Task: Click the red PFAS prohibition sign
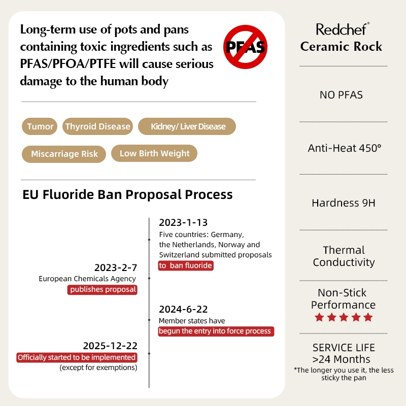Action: point(246,47)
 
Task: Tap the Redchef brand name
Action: point(343,29)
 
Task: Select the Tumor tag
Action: point(40,126)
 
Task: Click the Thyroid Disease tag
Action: point(97,126)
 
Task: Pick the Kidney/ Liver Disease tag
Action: point(188,126)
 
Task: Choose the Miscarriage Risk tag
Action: point(64,154)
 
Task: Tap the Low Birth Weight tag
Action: point(154,153)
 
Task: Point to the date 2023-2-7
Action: point(116,267)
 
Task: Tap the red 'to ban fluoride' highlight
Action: point(185,265)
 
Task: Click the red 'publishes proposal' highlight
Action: point(103,289)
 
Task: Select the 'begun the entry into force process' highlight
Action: point(216,331)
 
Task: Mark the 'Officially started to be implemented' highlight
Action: point(77,357)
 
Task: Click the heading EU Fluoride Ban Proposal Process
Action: point(127,194)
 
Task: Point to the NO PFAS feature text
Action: point(341,94)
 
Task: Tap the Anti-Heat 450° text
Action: point(344,148)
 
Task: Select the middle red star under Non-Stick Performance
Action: point(344,318)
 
